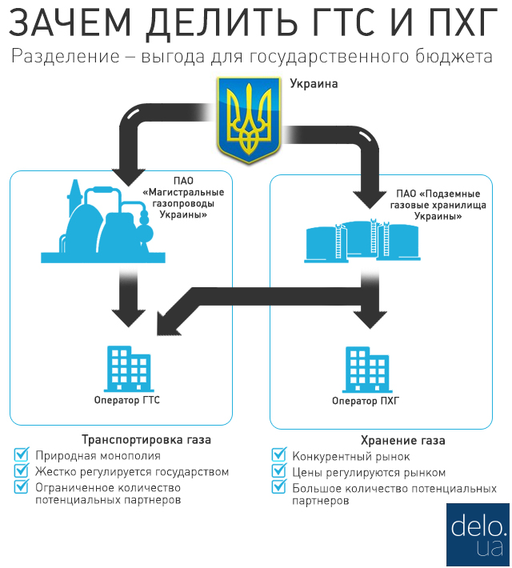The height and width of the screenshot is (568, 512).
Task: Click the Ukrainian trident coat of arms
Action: click(x=249, y=120)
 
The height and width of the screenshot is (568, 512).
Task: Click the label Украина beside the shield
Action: click(x=314, y=84)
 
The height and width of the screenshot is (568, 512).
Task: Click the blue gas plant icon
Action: click(x=103, y=221)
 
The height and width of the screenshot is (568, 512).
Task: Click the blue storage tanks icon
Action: click(x=362, y=240)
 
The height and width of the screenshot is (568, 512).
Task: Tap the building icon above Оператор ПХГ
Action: click(x=367, y=370)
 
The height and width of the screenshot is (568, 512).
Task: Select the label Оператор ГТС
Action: click(x=127, y=400)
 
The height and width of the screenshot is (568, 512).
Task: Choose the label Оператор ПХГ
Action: click(x=366, y=401)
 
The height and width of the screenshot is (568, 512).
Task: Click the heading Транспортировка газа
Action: click(x=146, y=440)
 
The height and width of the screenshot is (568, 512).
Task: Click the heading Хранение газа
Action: click(x=403, y=441)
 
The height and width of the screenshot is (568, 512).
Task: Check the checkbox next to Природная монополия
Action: click(x=22, y=454)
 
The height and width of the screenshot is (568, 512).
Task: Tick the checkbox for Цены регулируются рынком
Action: click(x=279, y=470)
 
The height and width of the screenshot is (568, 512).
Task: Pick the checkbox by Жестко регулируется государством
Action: click(x=22, y=470)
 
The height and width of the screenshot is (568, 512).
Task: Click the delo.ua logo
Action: click(x=478, y=534)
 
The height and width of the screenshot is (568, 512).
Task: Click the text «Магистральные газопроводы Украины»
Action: click(x=183, y=203)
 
